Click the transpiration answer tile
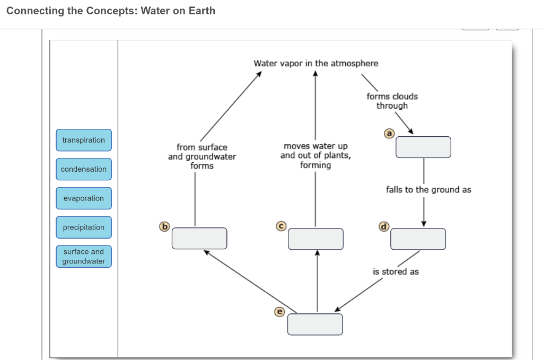click(x=84, y=140)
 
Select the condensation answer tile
click(x=84, y=169)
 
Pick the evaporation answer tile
click(x=84, y=198)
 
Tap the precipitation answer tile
click(x=84, y=227)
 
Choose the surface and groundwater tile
click(x=84, y=257)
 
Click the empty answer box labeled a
click(x=423, y=147)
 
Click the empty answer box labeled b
click(x=199, y=239)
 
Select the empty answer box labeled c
click(x=316, y=239)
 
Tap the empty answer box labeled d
click(x=418, y=239)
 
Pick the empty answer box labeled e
click(x=315, y=324)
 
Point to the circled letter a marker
click(x=389, y=134)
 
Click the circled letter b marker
click(x=164, y=226)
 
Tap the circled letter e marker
click(x=279, y=311)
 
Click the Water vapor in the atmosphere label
click(x=316, y=64)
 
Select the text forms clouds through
click(x=392, y=101)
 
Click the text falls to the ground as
click(x=428, y=190)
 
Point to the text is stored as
click(x=396, y=271)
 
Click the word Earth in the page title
click(x=202, y=11)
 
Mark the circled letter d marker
click(x=383, y=226)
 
